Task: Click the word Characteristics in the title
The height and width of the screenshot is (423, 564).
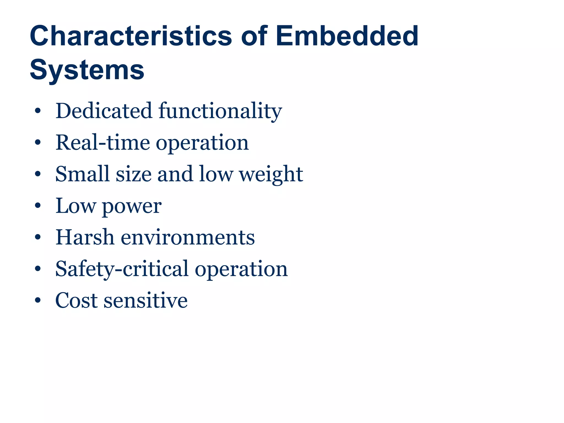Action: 131,36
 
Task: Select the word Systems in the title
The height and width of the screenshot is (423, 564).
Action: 87,70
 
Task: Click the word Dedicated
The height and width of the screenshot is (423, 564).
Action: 104,111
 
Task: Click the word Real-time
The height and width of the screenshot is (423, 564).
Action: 103,143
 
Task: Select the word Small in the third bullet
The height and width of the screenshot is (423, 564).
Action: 83,174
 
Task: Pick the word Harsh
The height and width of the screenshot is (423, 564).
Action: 85,237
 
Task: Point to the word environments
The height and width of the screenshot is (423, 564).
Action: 188,237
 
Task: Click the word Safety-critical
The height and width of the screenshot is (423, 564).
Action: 122,269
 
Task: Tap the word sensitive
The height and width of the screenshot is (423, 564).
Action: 146,300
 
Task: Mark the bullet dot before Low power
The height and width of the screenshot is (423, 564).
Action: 38,206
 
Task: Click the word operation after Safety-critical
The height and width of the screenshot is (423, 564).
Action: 241,269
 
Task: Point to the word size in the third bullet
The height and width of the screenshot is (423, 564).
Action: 134,175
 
